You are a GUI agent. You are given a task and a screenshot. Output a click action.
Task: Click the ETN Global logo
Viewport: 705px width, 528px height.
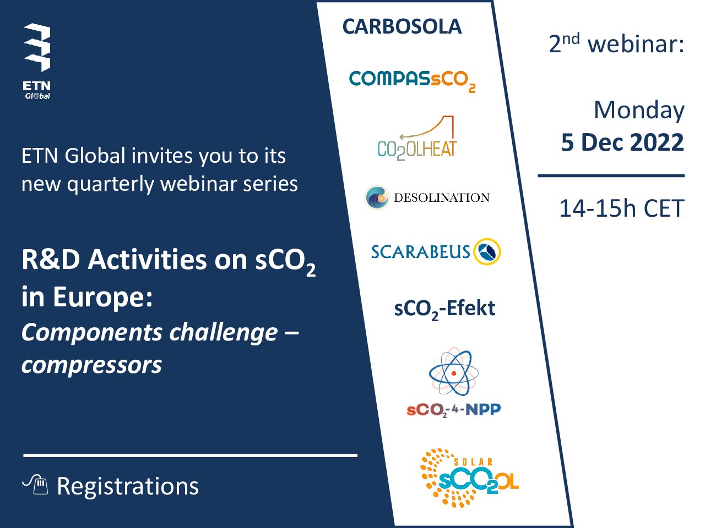pos(37,62)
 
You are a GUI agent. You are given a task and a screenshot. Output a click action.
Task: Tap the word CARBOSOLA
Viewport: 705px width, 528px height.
pos(402,26)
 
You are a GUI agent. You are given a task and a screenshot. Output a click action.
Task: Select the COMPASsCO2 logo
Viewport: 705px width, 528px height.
pos(412,81)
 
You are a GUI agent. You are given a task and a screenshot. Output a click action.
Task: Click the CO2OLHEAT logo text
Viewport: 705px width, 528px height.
pos(417,150)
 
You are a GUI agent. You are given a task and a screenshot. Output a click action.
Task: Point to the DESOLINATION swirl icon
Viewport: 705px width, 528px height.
pos(377,197)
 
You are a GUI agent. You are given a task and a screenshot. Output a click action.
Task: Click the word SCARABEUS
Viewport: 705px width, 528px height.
pos(421,252)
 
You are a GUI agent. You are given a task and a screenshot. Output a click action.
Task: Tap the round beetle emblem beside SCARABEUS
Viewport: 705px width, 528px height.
pos(487,252)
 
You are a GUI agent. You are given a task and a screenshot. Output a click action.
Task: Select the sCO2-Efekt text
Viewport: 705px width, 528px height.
pos(444,309)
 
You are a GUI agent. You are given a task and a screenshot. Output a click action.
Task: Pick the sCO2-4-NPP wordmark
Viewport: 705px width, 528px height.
pos(453,410)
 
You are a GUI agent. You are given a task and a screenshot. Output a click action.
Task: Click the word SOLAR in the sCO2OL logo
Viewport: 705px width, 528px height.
pos(473,462)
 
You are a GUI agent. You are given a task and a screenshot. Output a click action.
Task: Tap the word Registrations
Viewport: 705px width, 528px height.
pos(128,486)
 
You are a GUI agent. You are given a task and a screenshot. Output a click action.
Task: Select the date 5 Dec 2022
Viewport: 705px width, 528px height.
pos(622,142)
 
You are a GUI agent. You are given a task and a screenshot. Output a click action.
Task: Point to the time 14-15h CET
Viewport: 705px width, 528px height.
pos(622,208)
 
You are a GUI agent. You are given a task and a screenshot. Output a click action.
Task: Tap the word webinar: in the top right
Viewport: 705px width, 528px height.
pos(636,44)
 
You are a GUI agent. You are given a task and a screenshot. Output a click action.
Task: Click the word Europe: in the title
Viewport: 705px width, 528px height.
pos(102,298)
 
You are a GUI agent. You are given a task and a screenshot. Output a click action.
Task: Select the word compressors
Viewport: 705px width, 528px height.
pos(91,365)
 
